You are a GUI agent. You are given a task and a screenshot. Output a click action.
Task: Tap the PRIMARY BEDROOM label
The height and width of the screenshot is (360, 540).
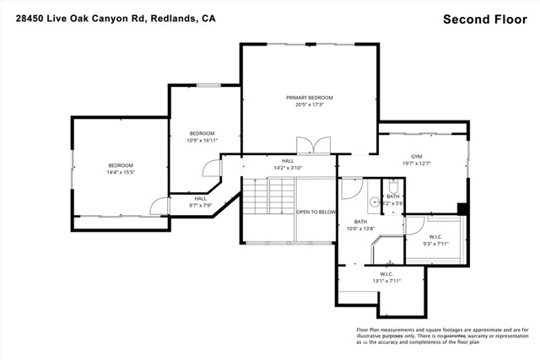click(x=310, y=98)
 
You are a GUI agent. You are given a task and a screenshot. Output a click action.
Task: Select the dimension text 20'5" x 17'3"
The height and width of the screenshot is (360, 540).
click(x=310, y=105)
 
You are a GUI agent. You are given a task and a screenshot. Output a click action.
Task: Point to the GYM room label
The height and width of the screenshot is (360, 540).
click(x=416, y=157)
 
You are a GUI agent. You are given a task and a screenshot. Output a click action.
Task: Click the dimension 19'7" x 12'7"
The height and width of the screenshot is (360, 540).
click(x=416, y=164)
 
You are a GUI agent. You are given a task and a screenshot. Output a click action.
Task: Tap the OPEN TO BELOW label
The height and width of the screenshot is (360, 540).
click(x=316, y=212)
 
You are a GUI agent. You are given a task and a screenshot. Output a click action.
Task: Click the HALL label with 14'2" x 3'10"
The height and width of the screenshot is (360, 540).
click(x=288, y=160)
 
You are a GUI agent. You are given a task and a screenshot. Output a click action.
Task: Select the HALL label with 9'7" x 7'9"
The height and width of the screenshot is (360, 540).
click(x=200, y=199)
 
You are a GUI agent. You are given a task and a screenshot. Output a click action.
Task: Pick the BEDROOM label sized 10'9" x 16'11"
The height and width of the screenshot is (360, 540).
click(x=202, y=133)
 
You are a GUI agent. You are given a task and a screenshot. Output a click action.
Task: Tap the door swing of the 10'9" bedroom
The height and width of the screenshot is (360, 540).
click(x=210, y=169)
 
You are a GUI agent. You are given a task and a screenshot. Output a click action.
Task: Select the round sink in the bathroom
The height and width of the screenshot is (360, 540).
click(x=373, y=202)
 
